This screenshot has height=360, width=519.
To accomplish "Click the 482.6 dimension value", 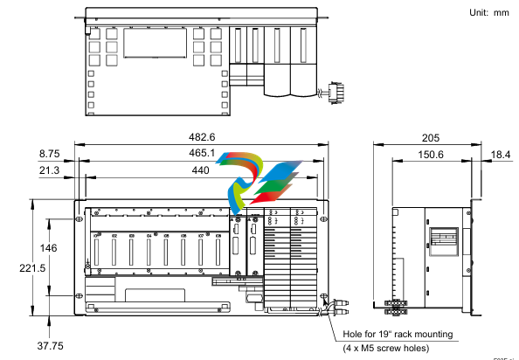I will [x=202, y=136].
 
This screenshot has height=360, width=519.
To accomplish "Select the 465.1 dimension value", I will [x=202, y=153].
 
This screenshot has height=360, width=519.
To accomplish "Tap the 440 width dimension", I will [x=202, y=173].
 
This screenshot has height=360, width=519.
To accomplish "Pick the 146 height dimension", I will [x=49, y=249].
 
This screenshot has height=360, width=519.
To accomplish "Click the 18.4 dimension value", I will [x=501, y=154].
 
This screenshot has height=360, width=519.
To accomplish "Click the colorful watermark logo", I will [x=265, y=179].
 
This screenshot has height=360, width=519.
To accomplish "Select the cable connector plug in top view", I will [x=332, y=92].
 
